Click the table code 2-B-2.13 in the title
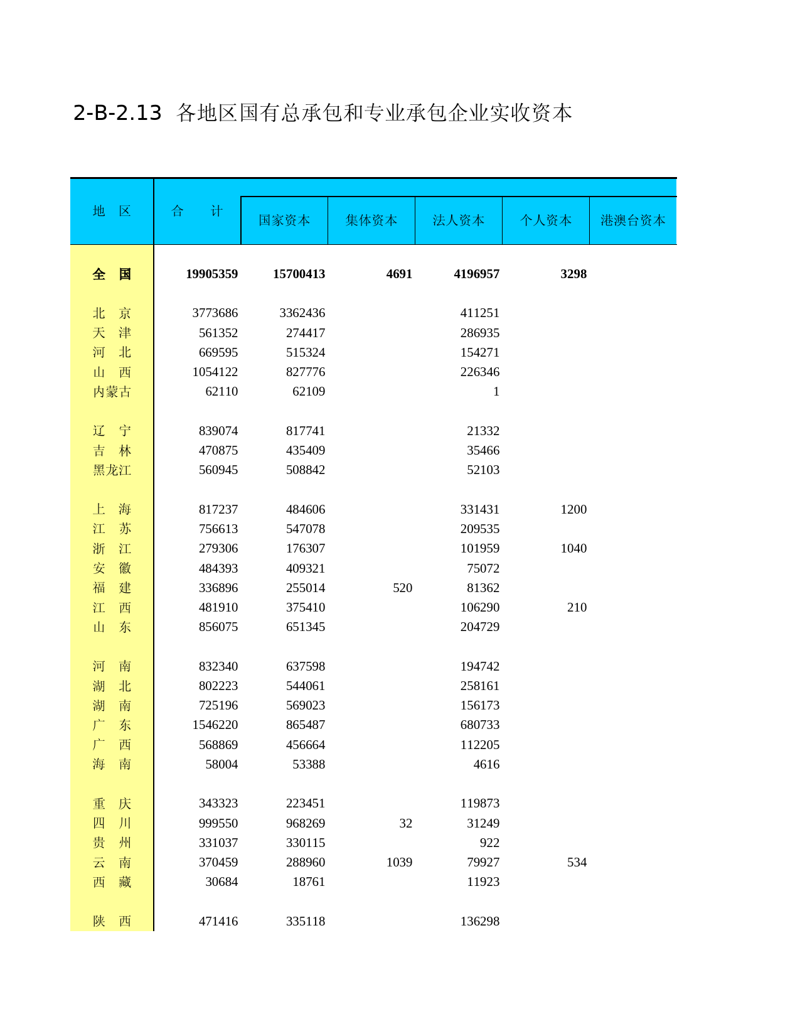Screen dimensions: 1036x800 click(117, 113)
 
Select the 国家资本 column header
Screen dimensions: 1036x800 click(284, 220)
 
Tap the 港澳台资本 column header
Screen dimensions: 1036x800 click(632, 220)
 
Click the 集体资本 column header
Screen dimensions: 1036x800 click(371, 220)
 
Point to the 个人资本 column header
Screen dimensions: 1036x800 click(546, 220)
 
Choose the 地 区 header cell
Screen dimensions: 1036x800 click(112, 211)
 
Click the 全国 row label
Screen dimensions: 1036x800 click(112, 274)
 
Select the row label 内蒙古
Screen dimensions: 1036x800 click(112, 392)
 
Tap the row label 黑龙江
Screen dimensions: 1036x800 click(112, 470)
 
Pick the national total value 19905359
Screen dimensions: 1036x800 click(211, 274)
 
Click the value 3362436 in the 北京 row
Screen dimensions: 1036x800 click(302, 313)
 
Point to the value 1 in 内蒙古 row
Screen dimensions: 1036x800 click(496, 392)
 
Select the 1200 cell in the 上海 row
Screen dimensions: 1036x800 click(573, 509)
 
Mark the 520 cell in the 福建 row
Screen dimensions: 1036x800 click(402, 588)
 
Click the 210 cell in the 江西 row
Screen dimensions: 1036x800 click(577, 607)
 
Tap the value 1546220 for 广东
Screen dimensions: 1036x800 click(215, 725)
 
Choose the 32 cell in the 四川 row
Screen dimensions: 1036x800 click(405, 823)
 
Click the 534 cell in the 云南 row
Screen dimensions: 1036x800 click(577, 862)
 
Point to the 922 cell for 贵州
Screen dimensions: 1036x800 click(489, 843)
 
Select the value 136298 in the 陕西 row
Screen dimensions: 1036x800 click(480, 921)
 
